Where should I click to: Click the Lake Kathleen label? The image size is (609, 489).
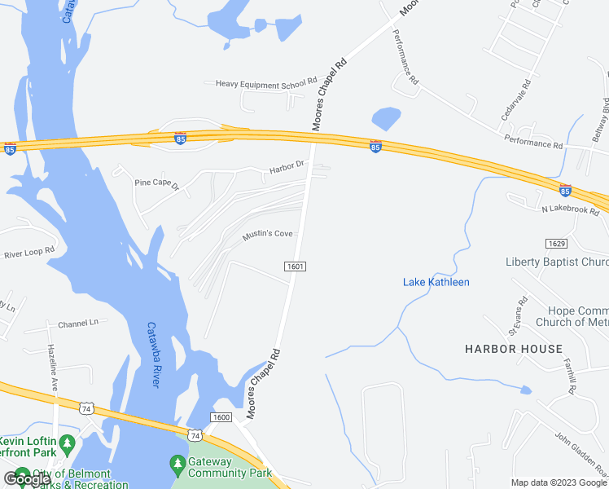click(x=436, y=282)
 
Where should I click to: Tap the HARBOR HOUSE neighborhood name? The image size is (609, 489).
click(x=514, y=349)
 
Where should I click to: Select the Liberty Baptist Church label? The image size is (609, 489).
click(x=557, y=262)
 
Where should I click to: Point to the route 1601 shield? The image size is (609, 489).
click(x=295, y=267)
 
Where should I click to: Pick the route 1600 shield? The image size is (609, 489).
click(x=221, y=416)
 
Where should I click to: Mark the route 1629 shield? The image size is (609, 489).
click(x=556, y=244)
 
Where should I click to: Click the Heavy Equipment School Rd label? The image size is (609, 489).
click(x=265, y=82)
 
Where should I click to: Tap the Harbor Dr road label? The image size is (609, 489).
click(x=287, y=168)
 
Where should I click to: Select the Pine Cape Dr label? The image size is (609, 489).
click(x=156, y=183)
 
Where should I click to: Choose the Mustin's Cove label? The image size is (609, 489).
click(x=267, y=234)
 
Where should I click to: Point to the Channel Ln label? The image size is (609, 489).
click(x=77, y=323)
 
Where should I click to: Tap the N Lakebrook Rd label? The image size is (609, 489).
click(x=570, y=209)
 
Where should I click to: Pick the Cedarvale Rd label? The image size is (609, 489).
click(x=517, y=101)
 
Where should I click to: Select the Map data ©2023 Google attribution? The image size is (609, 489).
click(x=559, y=482)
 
